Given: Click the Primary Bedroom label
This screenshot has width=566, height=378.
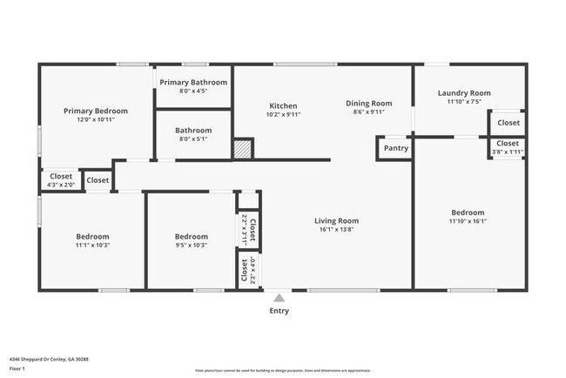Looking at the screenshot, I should (96, 111).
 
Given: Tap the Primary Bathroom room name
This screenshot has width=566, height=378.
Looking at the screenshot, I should (192, 82).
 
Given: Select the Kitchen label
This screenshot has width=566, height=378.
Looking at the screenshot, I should (282, 105).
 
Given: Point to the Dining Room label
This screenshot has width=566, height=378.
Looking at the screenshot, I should (369, 103).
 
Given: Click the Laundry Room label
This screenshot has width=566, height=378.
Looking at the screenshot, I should (464, 93).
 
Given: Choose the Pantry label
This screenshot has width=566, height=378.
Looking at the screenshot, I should (395, 148).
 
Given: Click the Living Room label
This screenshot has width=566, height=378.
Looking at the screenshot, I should (336, 220).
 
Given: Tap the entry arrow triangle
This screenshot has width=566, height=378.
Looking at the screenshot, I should (279, 297).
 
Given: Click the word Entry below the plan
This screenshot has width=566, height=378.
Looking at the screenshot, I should (279, 311).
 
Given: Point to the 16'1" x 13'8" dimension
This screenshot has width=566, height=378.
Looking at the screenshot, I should (336, 231).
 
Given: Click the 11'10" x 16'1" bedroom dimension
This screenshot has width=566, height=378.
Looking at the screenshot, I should (468, 221).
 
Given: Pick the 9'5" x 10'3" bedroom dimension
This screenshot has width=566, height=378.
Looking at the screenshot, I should (191, 246).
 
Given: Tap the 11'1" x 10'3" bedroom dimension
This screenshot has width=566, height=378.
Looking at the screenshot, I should (92, 246).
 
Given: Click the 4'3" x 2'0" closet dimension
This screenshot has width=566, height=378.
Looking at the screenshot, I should (61, 185).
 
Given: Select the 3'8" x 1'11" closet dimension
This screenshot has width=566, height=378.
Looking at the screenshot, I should (507, 152).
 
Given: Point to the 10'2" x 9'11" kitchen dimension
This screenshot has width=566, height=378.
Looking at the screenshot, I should (282, 114).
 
